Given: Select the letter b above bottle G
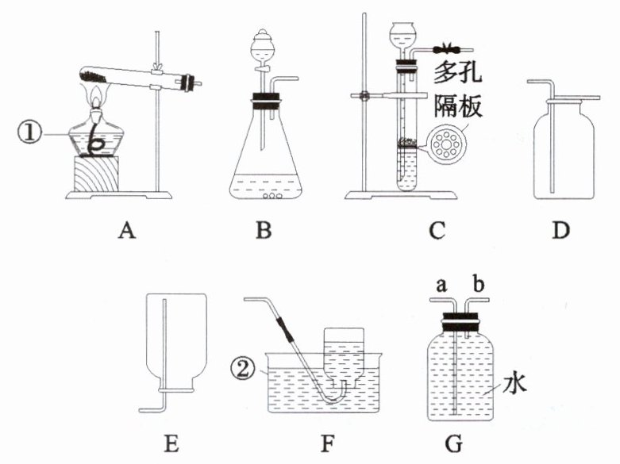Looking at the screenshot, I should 477,283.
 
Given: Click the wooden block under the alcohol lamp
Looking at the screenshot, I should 98,174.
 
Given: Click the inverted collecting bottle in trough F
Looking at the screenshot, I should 344,357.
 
